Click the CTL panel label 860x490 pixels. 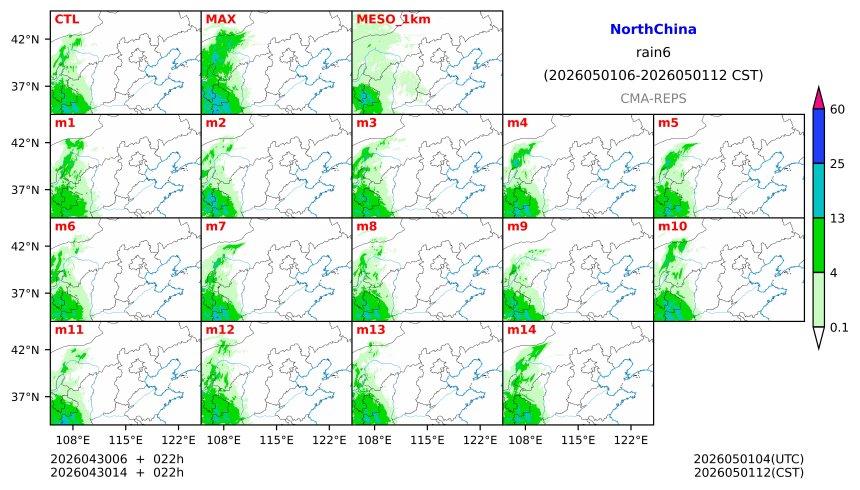pos(66,19)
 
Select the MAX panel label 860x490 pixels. pos(220,19)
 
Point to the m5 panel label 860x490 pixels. pos(667,123)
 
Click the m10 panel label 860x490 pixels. pos(671,227)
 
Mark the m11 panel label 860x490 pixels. pos(68,329)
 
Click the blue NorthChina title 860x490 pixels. pos(653,30)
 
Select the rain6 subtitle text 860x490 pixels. pos(653,52)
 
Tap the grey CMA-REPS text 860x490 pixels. pos(653,98)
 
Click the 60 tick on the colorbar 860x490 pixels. pos(838,109)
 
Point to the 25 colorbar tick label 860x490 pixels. pos(838,163)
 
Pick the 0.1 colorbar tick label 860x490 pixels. pos(839,327)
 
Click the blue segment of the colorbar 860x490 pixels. pos(818,136)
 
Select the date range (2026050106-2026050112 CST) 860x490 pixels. pos(653,75)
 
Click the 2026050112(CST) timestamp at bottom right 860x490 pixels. pos(748,472)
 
